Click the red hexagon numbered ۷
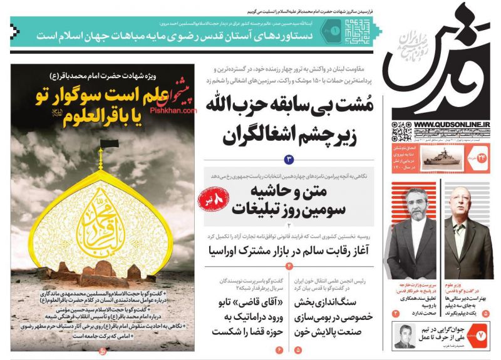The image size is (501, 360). pyautogui.click(x=481, y=336)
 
